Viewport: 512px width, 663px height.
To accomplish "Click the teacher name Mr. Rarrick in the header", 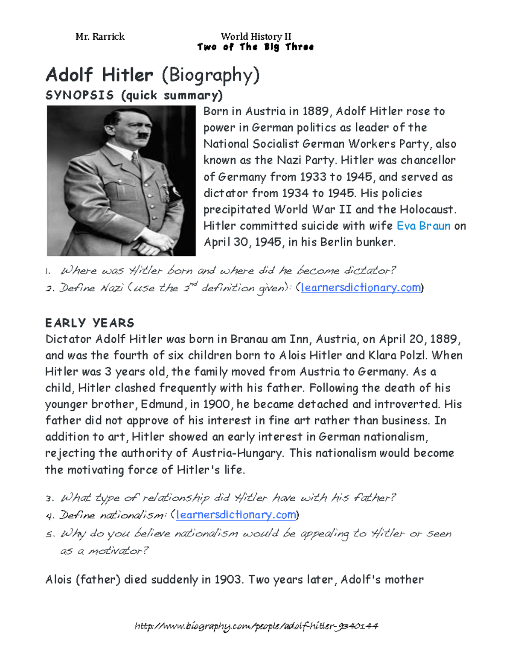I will pyautogui.click(x=100, y=37).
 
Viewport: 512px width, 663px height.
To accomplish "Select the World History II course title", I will pyautogui.click(x=256, y=37).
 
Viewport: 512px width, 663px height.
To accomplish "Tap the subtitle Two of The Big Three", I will pyautogui.click(x=255, y=47).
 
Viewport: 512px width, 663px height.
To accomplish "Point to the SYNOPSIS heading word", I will pyautogui.click(x=79, y=95).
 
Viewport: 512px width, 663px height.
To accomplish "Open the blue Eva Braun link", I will pyautogui.click(x=423, y=225).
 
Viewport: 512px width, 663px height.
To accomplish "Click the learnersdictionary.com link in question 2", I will pyautogui.click(x=361, y=287).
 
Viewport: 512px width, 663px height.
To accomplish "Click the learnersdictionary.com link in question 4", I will pyautogui.click(x=236, y=515).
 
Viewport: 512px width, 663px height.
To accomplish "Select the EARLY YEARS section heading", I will pyautogui.click(x=90, y=323).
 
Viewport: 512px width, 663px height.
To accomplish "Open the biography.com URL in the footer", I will pyautogui.click(x=256, y=626).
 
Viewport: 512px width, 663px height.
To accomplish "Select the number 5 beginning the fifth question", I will pyautogui.click(x=49, y=534).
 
